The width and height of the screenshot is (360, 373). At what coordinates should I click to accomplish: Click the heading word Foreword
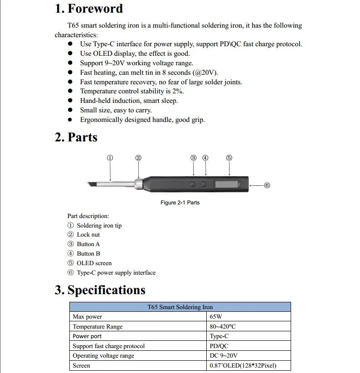95,9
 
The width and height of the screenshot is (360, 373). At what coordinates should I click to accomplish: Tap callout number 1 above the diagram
110,158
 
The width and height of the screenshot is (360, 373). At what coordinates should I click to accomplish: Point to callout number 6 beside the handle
267,185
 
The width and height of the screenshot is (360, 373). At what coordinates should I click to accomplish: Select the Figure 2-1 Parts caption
180,203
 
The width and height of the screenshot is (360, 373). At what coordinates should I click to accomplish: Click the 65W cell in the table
216,317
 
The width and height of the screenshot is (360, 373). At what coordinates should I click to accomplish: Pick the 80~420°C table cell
223,326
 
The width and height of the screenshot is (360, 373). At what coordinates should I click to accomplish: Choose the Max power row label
88,317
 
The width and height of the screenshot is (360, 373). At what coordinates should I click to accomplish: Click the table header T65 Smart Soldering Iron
180,307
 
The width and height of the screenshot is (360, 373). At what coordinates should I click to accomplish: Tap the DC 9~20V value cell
224,356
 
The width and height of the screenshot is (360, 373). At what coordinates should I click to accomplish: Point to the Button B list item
88,254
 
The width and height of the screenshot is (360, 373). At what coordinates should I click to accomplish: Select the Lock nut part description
88,235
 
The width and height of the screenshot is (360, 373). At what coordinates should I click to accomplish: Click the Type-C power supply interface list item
116,273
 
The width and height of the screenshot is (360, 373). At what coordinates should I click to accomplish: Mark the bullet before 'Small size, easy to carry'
70,110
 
